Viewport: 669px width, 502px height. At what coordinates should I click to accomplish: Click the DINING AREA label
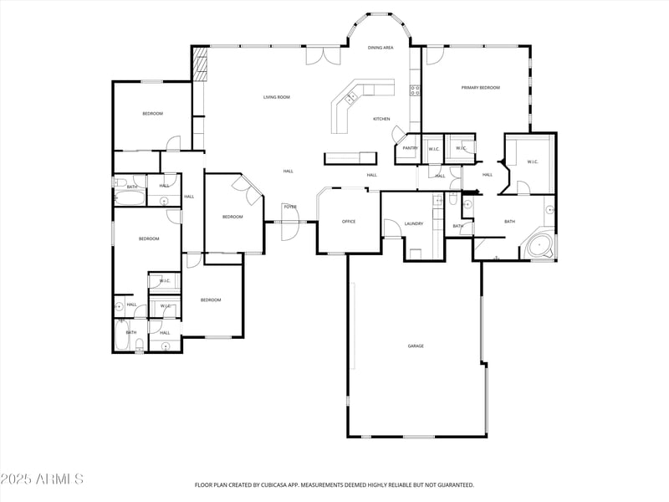[380, 48]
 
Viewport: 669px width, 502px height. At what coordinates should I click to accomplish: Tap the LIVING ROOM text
[277, 97]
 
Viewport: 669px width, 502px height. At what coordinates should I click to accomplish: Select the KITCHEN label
[381, 119]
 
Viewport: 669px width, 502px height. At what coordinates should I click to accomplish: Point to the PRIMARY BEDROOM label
[480, 87]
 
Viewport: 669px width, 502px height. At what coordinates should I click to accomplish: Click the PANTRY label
[410, 148]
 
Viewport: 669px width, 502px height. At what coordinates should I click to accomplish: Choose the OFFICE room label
[349, 222]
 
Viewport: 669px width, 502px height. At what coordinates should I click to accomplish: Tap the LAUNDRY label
[413, 223]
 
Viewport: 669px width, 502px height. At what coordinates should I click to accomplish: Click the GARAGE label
[416, 346]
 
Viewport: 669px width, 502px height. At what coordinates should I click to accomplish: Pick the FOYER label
[289, 207]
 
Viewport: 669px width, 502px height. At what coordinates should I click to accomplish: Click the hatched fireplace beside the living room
[199, 64]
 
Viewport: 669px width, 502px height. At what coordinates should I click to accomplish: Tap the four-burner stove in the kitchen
[414, 90]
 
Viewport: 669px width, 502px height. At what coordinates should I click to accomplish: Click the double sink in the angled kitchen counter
[350, 99]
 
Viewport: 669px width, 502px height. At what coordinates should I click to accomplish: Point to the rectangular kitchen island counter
[350, 157]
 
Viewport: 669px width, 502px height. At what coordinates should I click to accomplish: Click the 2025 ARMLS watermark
[42, 479]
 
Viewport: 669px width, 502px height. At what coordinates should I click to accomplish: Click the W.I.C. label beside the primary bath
[532, 161]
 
